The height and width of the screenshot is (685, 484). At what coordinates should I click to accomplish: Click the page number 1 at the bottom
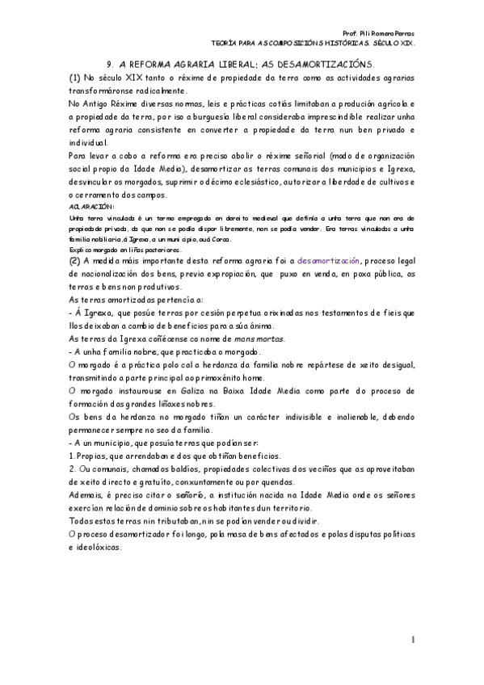click(412, 641)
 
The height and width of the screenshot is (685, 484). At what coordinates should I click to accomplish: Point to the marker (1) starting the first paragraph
click(74, 77)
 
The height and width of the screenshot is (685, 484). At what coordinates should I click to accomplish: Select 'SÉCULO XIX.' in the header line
click(394, 44)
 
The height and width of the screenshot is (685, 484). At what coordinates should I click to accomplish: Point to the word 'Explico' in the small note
click(80, 250)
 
